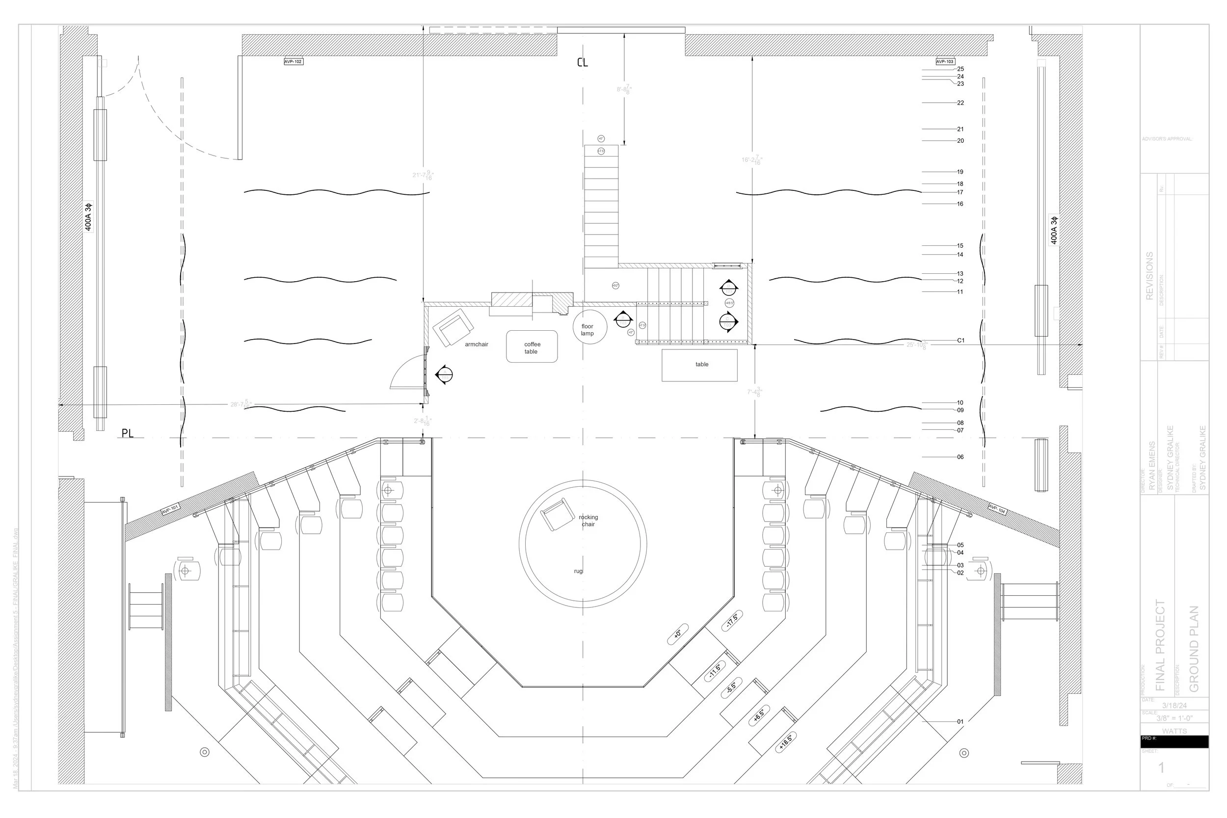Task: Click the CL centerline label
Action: [x=582, y=62]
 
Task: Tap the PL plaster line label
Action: [x=127, y=433]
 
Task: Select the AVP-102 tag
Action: [x=293, y=61]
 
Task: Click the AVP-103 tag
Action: [x=945, y=61]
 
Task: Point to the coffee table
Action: [x=532, y=347]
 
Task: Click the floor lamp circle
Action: [x=589, y=327]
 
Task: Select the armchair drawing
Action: [x=455, y=327]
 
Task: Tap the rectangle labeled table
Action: [x=699, y=365]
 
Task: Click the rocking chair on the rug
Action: [x=558, y=514]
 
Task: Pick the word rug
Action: [x=578, y=571]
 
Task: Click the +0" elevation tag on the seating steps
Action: [x=678, y=634]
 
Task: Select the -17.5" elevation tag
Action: [x=732, y=620]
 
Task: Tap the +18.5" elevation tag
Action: [x=786, y=742]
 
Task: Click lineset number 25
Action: [x=960, y=69]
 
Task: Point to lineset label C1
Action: [x=960, y=341]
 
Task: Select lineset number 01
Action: [x=960, y=721]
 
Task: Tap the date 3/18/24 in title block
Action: [x=1174, y=705]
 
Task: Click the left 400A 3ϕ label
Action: [x=88, y=216]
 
